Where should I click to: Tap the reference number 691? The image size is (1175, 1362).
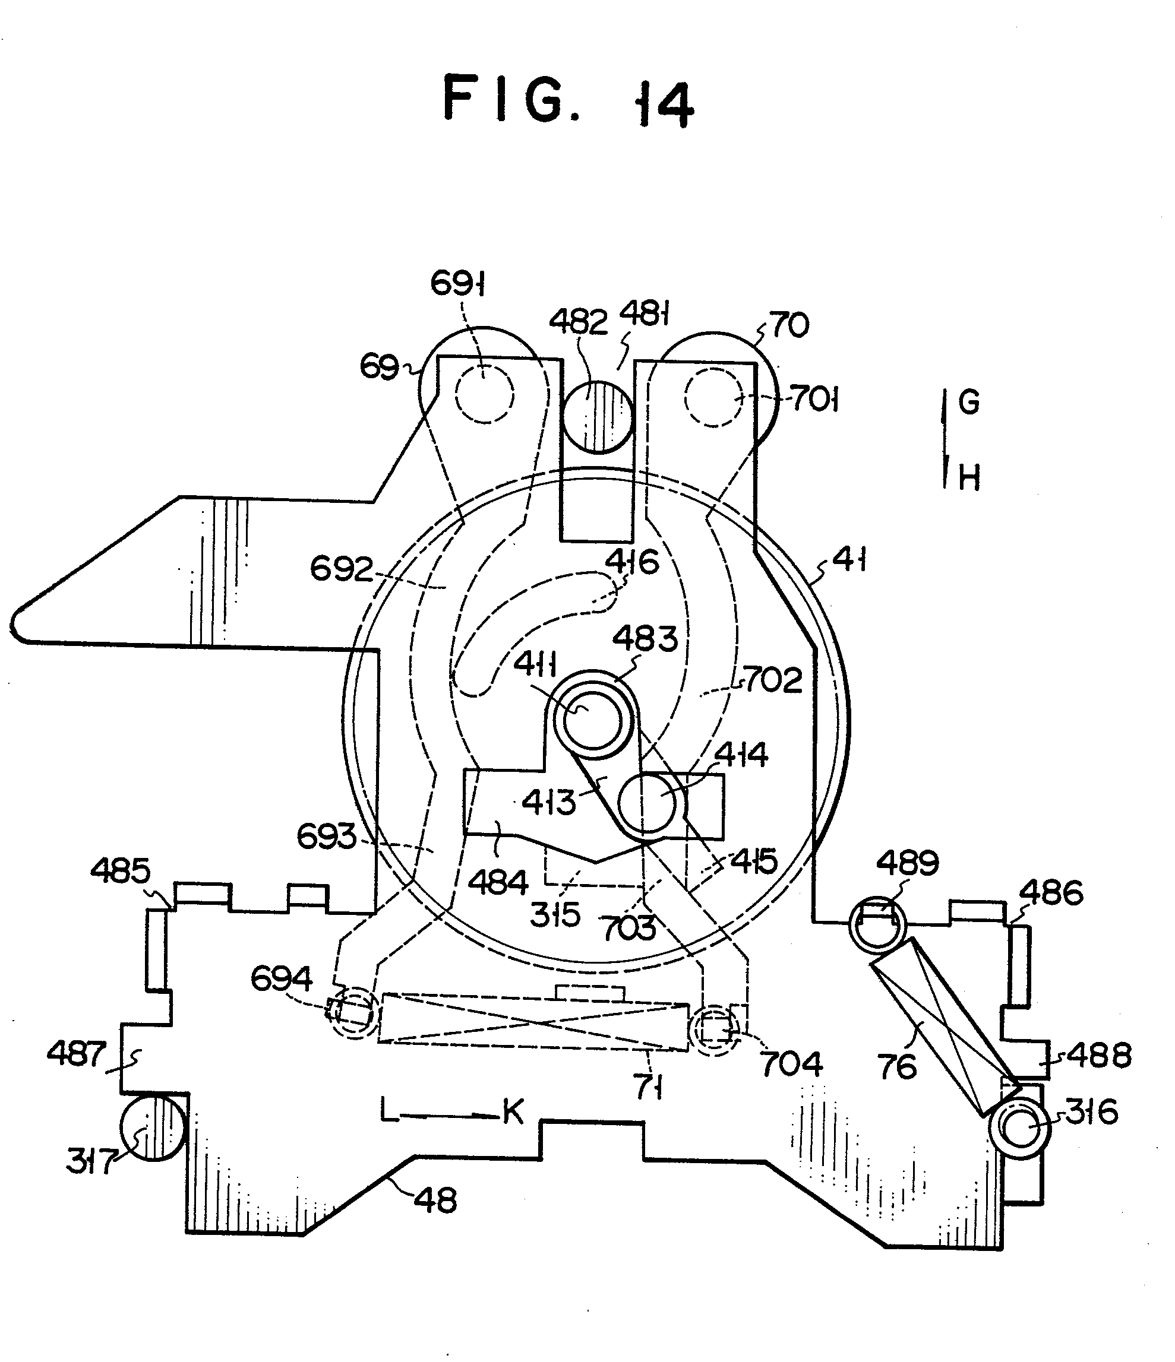pos(458,283)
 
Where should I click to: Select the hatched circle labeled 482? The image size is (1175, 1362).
pos(598,417)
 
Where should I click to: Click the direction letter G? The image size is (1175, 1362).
pos(968,401)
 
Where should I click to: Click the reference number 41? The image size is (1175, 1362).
pos(849,560)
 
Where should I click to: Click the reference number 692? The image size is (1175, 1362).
pos(341,568)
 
